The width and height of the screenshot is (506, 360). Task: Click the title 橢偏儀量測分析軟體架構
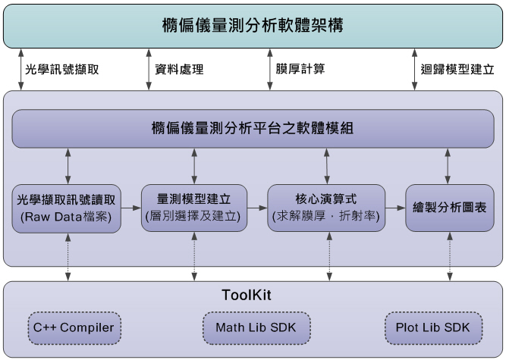tap(253, 26)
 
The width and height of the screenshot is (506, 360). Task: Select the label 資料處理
tap(178, 69)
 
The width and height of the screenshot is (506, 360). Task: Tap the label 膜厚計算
tap(300, 69)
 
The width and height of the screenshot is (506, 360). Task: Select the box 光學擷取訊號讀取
tap(67, 208)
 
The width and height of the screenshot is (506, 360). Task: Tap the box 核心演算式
tap(326, 207)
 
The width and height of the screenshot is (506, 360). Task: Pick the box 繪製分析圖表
tap(449, 207)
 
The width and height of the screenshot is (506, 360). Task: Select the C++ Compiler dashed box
tap(74, 327)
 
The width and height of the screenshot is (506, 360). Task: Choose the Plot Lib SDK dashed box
tap(432, 327)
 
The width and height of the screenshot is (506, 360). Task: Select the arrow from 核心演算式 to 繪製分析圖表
tap(394, 207)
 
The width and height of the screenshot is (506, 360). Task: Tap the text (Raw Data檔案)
tap(67, 216)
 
